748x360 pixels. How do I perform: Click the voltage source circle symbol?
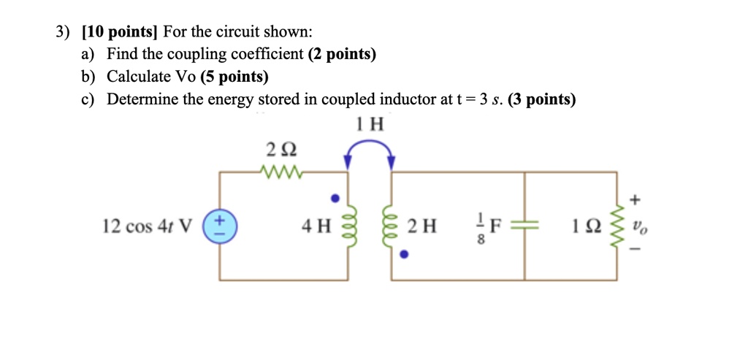click(221, 226)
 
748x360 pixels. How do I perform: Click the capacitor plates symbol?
click(525, 226)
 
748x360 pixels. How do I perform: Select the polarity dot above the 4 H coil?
click(335, 197)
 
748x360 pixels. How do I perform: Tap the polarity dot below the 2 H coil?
click(404, 256)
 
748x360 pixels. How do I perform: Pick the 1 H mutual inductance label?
click(370, 123)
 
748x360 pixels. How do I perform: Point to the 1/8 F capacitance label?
click(485, 227)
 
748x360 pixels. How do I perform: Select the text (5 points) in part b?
click(233, 77)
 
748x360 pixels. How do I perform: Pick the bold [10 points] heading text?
click(121, 32)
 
